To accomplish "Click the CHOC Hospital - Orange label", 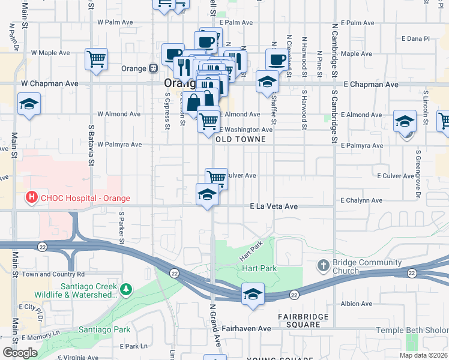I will point(83,198).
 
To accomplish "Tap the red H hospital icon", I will point(29,197).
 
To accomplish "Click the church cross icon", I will point(323,265).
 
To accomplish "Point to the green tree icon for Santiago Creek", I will point(125,290).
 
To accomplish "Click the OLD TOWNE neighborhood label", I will point(240,139).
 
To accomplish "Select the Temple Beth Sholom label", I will point(412,331).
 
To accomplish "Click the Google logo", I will point(19,352).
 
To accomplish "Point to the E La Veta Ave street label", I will point(274,206).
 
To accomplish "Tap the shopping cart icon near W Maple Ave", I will point(96,59).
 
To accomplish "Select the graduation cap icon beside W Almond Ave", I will point(29,104).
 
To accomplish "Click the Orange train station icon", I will point(154,68).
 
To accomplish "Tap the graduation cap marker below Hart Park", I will point(253,293).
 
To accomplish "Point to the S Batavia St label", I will point(92,145).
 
